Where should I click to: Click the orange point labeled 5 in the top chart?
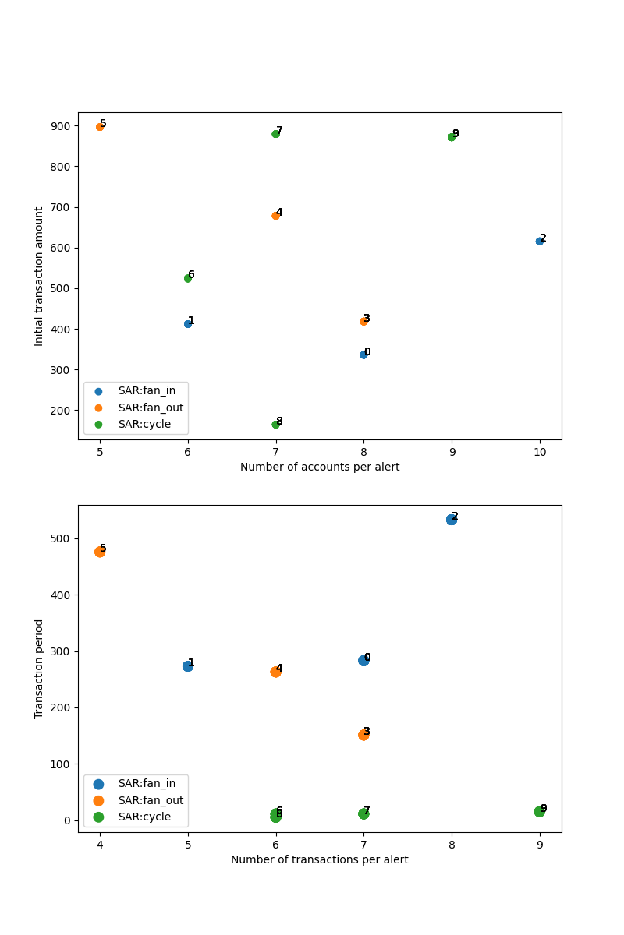(x=100, y=127)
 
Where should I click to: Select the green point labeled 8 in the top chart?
(x=275, y=425)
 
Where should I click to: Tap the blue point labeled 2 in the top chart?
(x=539, y=242)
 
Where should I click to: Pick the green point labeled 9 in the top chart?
(x=452, y=137)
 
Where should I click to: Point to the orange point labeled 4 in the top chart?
(x=275, y=216)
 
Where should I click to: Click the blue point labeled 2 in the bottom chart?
(x=452, y=520)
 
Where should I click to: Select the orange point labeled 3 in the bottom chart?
(x=363, y=735)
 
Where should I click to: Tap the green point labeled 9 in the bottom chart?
(x=539, y=812)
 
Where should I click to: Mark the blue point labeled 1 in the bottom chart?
(x=188, y=666)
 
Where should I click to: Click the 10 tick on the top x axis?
(x=540, y=451)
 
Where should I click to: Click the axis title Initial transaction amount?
(x=39, y=277)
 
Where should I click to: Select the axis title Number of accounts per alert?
(x=320, y=467)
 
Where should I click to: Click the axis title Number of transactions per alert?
(x=320, y=859)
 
